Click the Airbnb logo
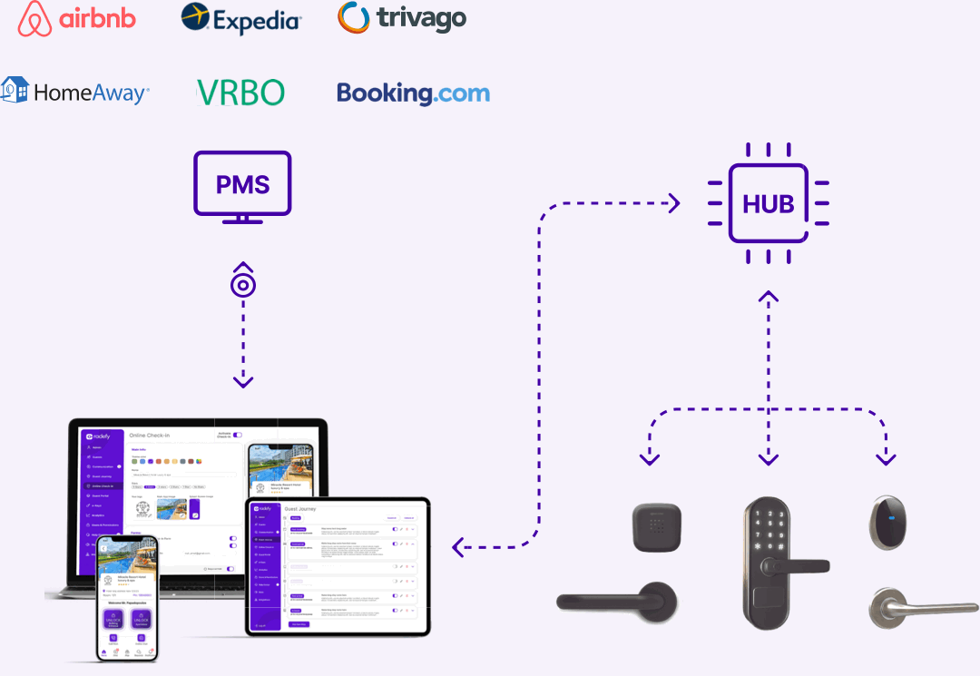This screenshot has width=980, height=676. [77, 19]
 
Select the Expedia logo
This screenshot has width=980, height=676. [241, 18]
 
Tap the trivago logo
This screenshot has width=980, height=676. [401, 18]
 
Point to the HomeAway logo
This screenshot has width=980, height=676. [75, 91]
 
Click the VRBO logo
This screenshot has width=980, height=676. [240, 92]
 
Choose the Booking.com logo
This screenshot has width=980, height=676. [413, 93]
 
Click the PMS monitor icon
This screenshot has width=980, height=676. [243, 186]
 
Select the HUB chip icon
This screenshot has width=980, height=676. [769, 203]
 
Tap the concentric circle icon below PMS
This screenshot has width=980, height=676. [243, 285]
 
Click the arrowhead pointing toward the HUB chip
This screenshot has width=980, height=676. [673, 203]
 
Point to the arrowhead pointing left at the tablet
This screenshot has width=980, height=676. [459, 546]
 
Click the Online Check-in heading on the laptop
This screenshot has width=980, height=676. [157, 436]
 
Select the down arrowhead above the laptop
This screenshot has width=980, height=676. [243, 382]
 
